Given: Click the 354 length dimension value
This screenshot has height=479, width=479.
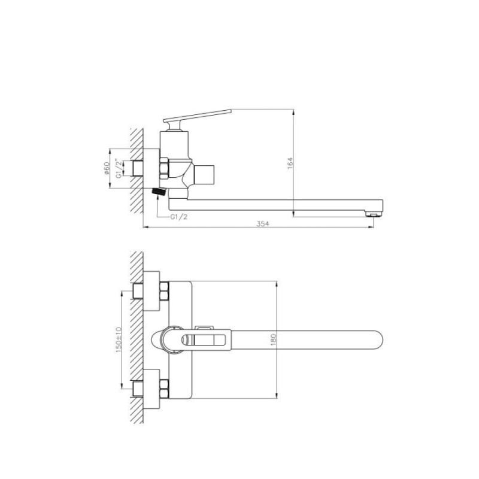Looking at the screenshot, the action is (x=263, y=223).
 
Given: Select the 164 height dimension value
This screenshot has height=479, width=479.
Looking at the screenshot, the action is (x=290, y=163).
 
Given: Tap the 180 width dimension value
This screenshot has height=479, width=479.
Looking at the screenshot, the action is (x=273, y=339).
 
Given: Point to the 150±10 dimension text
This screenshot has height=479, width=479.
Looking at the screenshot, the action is (x=119, y=339).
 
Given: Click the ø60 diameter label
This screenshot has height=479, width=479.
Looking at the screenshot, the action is (x=107, y=168).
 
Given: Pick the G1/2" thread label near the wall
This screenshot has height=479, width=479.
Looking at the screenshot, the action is (x=118, y=168).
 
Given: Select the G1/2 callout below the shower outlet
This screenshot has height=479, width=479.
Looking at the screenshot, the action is (x=179, y=217).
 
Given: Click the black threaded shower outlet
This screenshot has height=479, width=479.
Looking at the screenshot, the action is (x=159, y=192).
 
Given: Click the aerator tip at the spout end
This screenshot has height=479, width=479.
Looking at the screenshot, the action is (x=372, y=214).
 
